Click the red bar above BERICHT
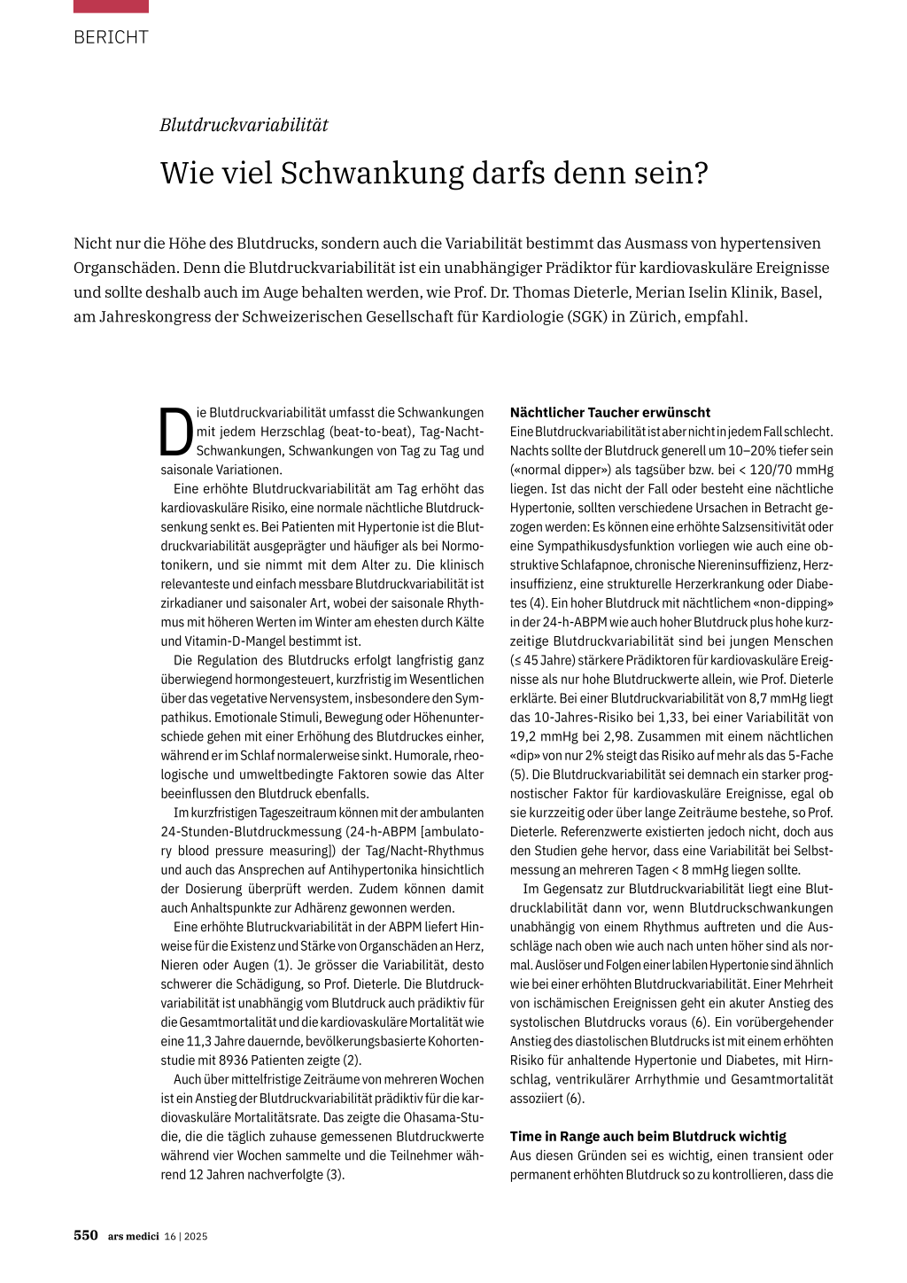click(111, 6)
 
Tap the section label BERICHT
click(111, 37)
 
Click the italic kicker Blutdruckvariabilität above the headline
click(244, 125)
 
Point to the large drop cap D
click(176, 432)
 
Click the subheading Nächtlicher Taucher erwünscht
click(610, 412)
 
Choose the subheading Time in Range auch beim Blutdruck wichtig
click(647, 1136)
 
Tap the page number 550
click(86, 1236)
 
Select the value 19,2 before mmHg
click(524, 736)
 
